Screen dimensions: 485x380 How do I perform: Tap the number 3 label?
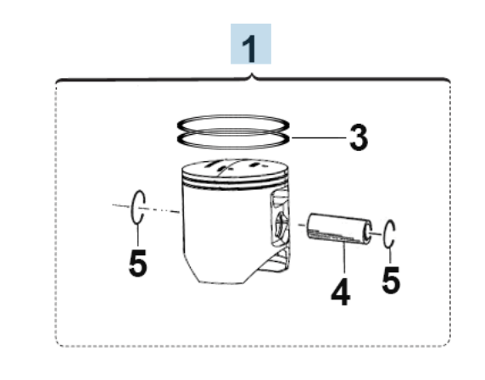click(359, 137)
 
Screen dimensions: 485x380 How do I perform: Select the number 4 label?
click(341, 293)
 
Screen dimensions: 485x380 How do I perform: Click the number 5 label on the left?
click(137, 263)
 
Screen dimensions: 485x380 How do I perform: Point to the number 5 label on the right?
click(391, 280)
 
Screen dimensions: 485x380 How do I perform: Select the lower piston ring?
click(233, 148)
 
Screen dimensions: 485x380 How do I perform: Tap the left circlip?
click(133, 207)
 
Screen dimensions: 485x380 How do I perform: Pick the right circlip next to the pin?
click(384, 233)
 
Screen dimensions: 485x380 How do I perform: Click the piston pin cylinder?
click(339, 228)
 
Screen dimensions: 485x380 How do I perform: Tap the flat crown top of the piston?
click(235, 169)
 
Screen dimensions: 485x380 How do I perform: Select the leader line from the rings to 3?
click(319, 137)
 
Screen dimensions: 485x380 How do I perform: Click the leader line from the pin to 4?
click(344, 258)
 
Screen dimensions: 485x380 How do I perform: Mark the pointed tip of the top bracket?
click(252, 73)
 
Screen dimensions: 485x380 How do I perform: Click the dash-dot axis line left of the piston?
click(146, 209)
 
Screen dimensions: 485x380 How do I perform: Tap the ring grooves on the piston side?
click(235, 182)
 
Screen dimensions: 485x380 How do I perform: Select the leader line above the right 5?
click(390, 255)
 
